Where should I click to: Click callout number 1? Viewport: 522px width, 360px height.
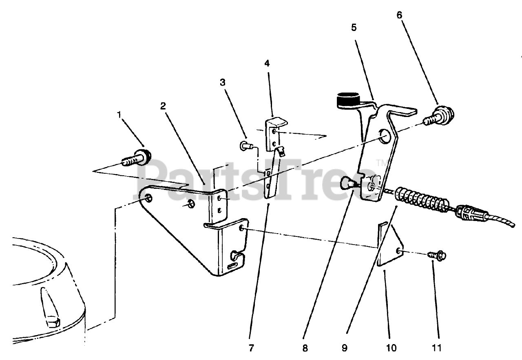(x=119, y=115)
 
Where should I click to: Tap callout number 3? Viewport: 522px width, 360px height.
(x=222, y=82)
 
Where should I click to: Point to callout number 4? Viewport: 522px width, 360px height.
(x=267, y=63)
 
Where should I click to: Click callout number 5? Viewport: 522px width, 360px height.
(x=354, y=27)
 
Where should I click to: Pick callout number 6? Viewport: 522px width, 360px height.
(x=399, y=15)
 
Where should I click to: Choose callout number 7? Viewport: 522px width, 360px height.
(x=251, y=348)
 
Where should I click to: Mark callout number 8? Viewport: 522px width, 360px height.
(x=305, y=348)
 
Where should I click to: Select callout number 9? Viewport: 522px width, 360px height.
(x=345, y=348)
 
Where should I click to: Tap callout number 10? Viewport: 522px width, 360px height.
(x=390, y=348)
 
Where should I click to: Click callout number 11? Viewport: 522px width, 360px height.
(x=437, y=348)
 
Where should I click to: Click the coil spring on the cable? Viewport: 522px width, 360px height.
(x=422, y=199)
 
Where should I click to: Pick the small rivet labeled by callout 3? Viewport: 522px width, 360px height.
(x=244, y=145)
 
